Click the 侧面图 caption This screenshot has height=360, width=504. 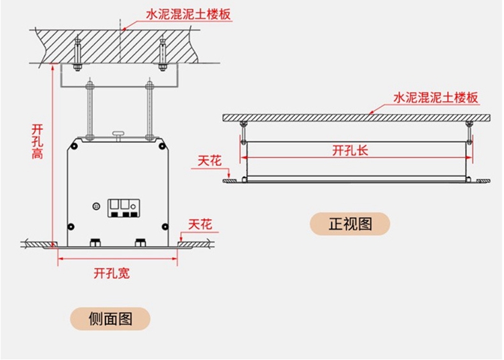111,318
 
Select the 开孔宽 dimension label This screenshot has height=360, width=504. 112,273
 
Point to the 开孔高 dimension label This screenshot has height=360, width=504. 38,140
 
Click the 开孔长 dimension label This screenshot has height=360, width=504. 351,150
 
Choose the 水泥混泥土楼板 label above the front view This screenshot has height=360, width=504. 436,97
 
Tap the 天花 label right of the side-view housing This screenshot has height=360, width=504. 200,224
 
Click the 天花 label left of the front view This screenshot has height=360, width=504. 210,162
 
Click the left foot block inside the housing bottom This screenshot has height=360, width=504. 95,242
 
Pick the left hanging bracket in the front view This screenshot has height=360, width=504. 243,132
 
